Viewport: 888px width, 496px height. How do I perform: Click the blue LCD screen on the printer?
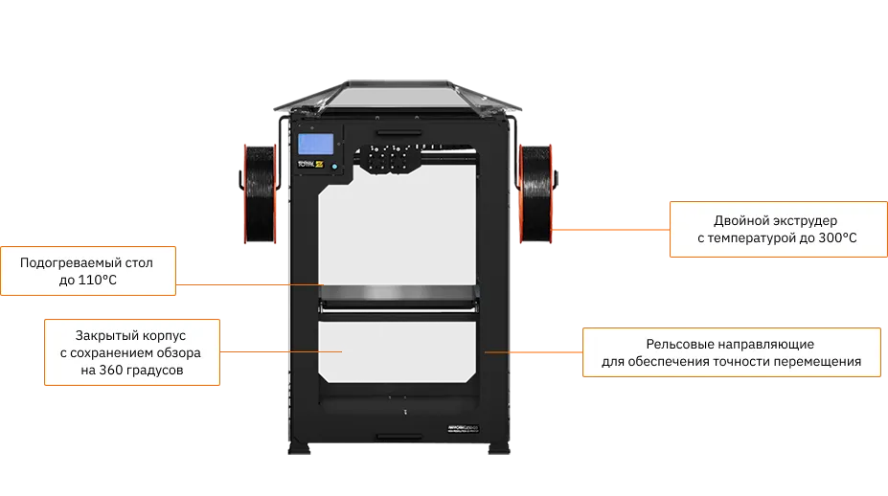pos(316,145)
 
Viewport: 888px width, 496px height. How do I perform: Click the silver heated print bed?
pos(397,291)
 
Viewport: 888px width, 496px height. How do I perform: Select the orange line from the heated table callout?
pos(249,284)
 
